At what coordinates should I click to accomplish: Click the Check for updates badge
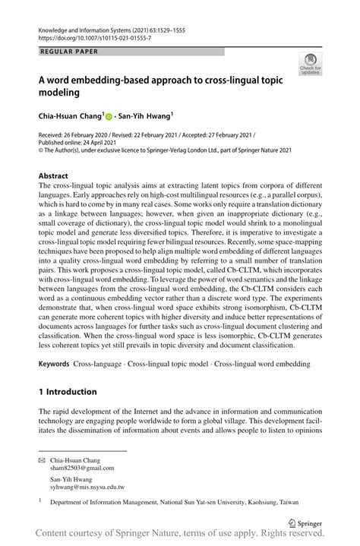click(310, 64)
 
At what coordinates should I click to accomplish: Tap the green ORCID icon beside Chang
click(109, 117)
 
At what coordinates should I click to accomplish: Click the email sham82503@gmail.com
click(81, 469)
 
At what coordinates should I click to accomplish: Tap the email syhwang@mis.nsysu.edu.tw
click(87, 488)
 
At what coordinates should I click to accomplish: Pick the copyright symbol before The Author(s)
click(41, 150)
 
